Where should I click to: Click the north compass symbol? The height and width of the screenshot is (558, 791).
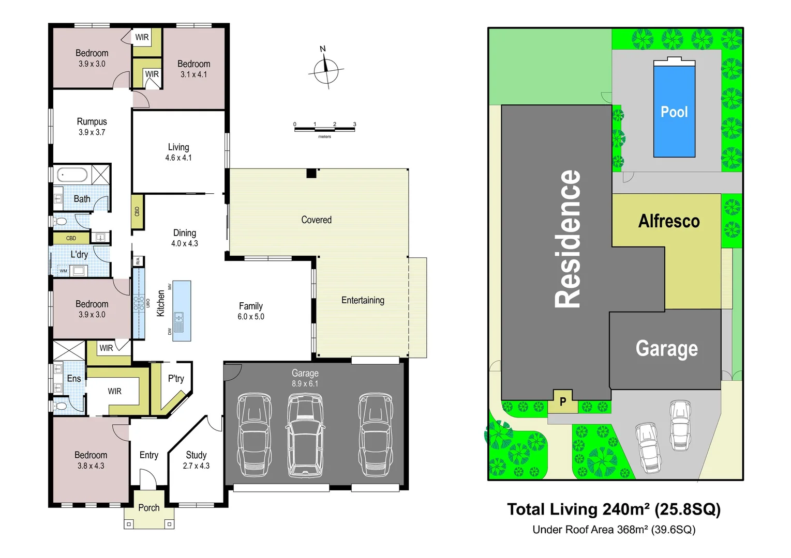(326, 70)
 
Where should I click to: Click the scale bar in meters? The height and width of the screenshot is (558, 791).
(324, 129)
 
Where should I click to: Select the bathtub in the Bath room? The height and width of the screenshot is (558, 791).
(72, 175)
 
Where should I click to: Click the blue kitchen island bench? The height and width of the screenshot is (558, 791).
(182, 311)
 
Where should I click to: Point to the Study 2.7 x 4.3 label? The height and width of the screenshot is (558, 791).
(196, 460)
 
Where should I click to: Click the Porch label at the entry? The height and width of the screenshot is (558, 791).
(148, 508)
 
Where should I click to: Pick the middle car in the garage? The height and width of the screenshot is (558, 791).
(305, 435)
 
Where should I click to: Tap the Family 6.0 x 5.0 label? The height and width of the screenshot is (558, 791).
(251, 311)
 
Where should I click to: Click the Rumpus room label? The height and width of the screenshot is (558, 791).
(92, 127)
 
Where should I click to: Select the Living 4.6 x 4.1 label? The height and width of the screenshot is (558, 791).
(178, 152)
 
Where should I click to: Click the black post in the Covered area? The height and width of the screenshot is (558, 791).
(311, 174)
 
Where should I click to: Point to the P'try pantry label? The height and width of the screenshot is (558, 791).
(176, 379)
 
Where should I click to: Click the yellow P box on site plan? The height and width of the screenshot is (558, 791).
(562, 401)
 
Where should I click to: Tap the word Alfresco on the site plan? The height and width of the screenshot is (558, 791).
(668, 221)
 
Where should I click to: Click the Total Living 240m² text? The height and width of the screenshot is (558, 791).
(614, 509)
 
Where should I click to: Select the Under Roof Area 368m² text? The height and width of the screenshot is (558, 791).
(614, 530)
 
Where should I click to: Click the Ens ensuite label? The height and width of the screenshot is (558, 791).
(73, 379)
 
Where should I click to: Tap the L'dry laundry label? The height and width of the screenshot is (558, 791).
(79, 255)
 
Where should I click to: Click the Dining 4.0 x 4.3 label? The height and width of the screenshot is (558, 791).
(185, 238)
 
